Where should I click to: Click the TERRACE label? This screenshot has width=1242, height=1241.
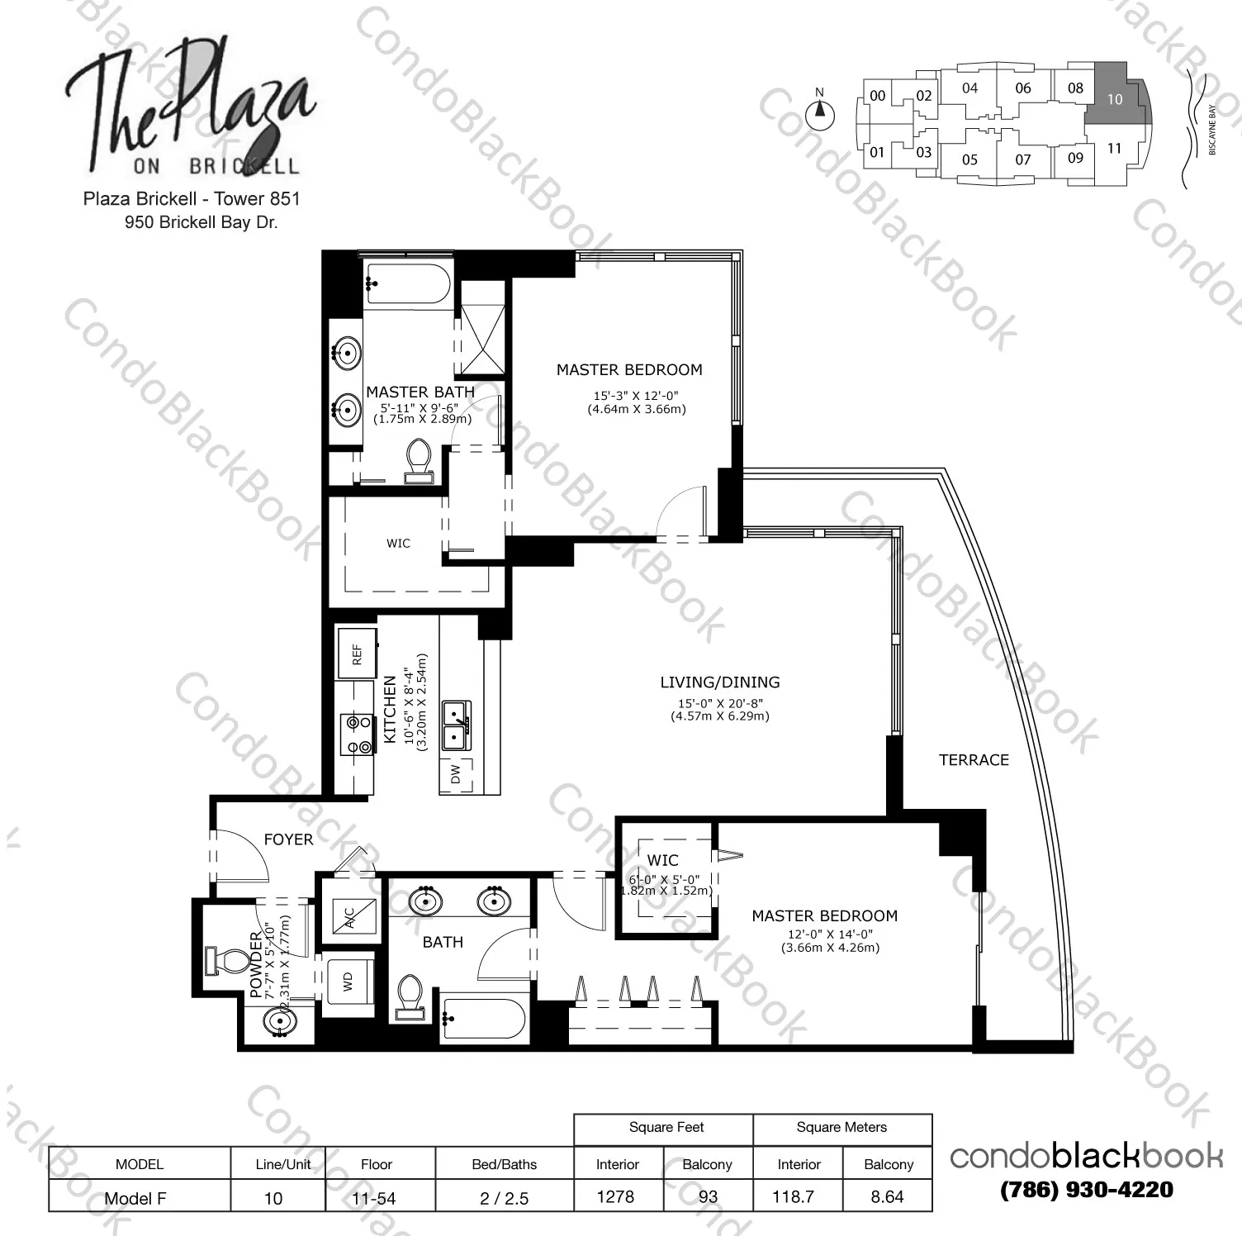click(x=974, y=760)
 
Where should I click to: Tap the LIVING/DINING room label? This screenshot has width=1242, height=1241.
click(x=720, y=682)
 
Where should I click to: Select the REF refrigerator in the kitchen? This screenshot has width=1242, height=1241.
click(x=357, y=654)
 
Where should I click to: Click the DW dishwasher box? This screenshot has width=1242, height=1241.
click(x=456, y=773)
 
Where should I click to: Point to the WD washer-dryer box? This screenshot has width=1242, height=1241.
click(x=348, y=982)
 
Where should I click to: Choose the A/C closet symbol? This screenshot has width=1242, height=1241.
click(x=349, y=917)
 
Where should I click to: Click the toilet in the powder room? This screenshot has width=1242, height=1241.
click(x=228, y=962)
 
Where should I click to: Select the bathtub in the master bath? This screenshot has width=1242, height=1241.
click(x=407, y=284)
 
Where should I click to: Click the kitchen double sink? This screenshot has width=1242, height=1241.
click(x=456, y=725)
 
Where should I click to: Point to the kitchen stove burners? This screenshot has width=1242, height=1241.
click(x=358, y=734)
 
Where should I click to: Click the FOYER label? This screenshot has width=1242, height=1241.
click(x=288, y=839)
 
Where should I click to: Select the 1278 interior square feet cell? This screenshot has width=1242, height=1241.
click(x=615, y=1196)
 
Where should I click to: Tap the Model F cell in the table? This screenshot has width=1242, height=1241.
click(x=135, y=1198)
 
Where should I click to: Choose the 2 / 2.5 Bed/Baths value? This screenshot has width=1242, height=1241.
click(x=504, y=1198)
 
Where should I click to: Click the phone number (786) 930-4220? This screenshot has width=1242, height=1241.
click(x=1087, y=1190)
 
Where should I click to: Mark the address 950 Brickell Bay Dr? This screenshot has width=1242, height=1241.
click(x=201, y=221)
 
